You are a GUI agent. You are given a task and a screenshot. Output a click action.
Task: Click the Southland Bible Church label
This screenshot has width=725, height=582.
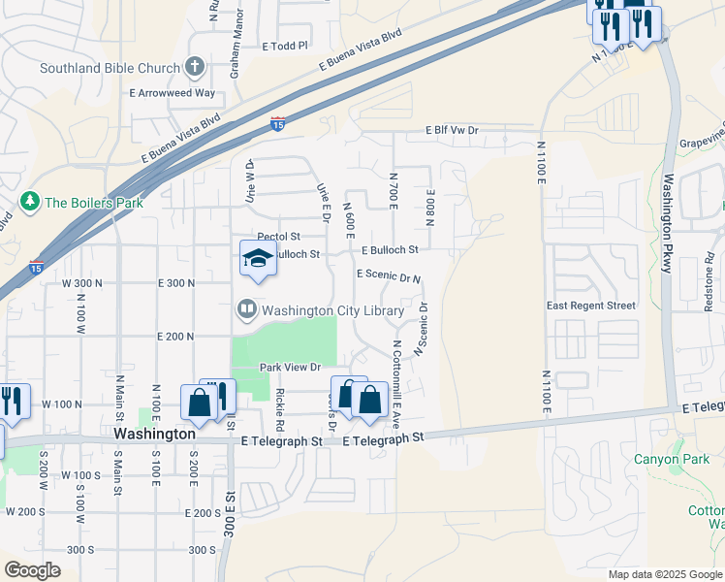click(110, 68)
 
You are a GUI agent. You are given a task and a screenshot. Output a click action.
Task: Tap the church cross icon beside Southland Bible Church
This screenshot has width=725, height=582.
click(195, 67)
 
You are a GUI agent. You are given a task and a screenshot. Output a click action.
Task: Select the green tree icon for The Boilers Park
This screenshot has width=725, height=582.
click(30, 202)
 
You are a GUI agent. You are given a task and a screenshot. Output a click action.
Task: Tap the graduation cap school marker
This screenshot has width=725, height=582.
click(258, 258)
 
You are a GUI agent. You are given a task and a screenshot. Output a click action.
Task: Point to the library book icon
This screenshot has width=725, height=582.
click(247, 310)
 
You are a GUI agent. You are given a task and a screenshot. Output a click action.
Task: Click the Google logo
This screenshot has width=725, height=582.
click(32, 570)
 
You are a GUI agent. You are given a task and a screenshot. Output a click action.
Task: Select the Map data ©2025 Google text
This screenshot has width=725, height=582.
click(664, 574)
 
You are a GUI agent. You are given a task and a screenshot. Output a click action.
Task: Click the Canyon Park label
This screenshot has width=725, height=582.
click(666, 459)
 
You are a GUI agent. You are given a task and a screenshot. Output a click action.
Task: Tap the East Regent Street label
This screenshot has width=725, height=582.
click(590, 306)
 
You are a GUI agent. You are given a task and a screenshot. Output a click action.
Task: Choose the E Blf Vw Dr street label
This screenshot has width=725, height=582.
click(452, 130)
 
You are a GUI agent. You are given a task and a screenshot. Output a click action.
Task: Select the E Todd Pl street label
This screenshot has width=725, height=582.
click(284, 46)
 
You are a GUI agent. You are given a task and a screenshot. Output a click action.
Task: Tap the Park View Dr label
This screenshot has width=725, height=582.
click(290, 368)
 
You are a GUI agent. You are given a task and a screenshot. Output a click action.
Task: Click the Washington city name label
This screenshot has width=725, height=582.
click(154, 435)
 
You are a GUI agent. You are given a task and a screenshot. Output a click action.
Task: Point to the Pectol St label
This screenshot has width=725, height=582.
click(279, 237)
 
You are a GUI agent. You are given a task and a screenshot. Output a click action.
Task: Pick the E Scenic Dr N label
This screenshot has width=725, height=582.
click(389, 275)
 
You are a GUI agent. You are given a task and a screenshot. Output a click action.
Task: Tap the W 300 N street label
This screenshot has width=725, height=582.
click(82, 283)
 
